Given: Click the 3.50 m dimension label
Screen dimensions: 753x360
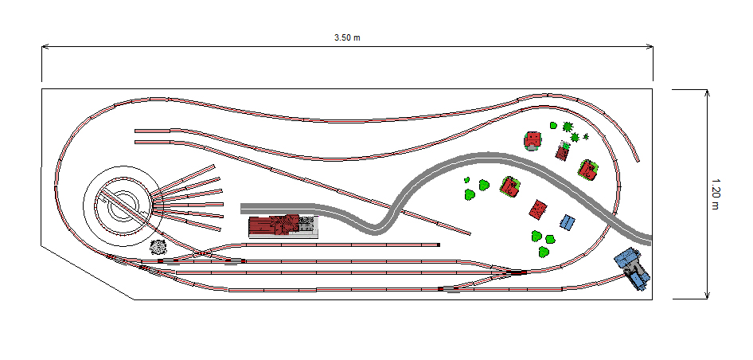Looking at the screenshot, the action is pyautogui.click(x=347, y=38).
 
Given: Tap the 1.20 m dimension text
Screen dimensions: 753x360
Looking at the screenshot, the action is pyautogui.click(x=715, y=194).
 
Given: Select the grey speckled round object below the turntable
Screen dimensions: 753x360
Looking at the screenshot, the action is pyautogui.click(x=158, y=247).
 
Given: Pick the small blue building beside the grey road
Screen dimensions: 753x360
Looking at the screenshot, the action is pyautogui.click(x=568, y=222).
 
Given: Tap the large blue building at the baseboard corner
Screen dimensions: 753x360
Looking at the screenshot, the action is pyautogui.click(x=633, y=268).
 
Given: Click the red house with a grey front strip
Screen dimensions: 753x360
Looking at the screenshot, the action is pyautogui.click(x=533, y=141).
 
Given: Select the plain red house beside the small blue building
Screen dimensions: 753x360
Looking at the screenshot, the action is pyautogui.click(x=538, y=210).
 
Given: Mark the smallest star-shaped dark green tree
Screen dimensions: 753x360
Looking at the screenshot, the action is pyautogui.click(x=586, y=136).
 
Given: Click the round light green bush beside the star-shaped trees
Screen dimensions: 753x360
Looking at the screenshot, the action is pyautogui.click(x=553, y=126).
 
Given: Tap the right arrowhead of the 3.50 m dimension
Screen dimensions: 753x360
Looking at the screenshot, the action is pyautogui.click(x=650, y=47).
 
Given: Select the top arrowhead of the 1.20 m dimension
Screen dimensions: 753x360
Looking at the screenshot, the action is pyautogui.click(x=707, y=92).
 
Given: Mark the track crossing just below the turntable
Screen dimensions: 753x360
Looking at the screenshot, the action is pyautogui.click(x=204, y=252).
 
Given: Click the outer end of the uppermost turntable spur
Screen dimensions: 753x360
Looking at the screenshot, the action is pyautogui.click(x=213, y=166).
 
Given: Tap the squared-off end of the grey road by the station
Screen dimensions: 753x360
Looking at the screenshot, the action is pyautogui.click(x=241, y=208).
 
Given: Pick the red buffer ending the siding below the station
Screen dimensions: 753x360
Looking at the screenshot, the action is pyautogui.click(x=439, y=245).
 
